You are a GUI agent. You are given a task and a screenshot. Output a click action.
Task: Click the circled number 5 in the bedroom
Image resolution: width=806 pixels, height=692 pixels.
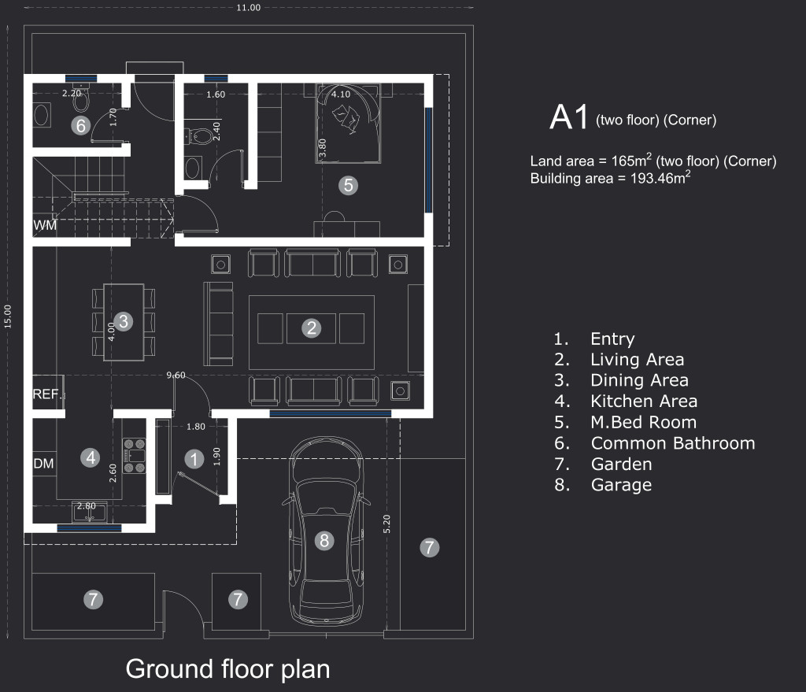(349, 185)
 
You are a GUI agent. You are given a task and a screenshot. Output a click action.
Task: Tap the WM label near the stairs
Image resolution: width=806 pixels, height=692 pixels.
(45, 225)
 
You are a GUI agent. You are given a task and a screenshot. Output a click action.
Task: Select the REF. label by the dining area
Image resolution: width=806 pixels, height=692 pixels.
(47, 394)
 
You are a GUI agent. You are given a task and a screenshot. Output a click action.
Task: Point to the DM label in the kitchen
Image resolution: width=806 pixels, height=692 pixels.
(44, 463)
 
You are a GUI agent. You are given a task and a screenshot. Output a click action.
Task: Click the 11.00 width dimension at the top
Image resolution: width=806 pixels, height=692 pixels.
(248, 7)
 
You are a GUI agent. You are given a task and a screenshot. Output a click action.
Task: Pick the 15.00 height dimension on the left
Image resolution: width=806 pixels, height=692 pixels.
(8, 316)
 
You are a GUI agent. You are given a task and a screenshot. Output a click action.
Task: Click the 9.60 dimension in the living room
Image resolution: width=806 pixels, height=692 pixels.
(176, 376)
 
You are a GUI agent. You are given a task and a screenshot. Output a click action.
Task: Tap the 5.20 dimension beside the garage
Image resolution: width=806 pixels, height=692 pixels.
(386, 524)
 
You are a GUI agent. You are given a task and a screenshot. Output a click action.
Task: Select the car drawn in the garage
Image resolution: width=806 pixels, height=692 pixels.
(325, 531)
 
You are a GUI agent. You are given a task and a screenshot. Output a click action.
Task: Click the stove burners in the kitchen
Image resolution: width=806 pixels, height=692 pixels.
(134, 456)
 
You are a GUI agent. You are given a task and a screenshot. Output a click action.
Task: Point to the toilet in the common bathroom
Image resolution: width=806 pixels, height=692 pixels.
(81, 99)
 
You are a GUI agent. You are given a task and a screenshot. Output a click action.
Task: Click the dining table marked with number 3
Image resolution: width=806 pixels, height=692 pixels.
(124, 322)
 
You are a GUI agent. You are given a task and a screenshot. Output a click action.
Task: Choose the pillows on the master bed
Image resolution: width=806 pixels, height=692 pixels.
(346, 117)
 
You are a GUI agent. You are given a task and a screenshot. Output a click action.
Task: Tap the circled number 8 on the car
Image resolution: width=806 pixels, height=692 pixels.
(324, 540)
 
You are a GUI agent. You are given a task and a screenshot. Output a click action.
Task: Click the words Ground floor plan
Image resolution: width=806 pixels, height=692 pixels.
(227, 669)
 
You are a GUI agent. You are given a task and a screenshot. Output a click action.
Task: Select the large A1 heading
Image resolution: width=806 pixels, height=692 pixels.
(568, 117)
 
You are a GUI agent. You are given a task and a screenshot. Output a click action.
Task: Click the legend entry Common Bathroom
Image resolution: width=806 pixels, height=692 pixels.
(673, 443)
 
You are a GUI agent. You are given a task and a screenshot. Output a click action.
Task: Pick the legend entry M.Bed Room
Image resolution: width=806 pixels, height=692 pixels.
(644, 422)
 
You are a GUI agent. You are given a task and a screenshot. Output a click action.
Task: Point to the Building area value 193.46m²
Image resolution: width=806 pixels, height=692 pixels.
(660, 178)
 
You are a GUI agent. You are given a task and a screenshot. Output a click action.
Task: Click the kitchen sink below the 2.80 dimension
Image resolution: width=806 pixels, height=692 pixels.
(91, 513)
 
